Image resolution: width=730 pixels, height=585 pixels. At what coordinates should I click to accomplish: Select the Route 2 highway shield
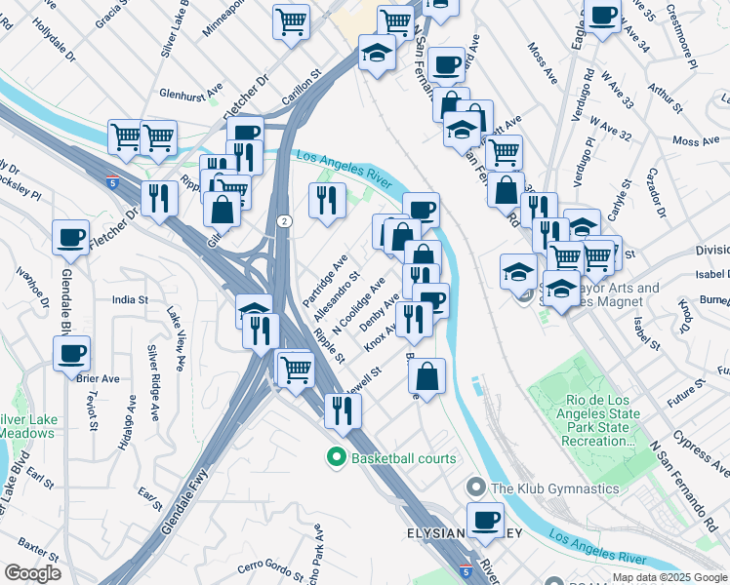pos(281,221)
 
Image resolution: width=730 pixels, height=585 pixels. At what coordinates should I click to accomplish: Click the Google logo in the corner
pos(32,573)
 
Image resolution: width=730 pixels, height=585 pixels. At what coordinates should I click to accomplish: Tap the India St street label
pos(130,300)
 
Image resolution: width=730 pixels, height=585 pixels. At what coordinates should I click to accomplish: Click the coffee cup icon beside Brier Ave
pos(71,354)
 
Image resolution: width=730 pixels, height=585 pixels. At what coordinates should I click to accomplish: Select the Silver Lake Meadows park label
pos(27,425)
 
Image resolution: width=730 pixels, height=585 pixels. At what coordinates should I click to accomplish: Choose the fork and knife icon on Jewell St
pos(342,410)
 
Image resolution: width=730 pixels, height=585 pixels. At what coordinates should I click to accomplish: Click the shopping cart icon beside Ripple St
pos(295,369)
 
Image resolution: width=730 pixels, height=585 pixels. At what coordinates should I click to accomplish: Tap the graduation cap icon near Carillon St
pos(376,53)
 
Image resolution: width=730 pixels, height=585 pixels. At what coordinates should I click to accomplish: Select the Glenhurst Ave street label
pos(194,95)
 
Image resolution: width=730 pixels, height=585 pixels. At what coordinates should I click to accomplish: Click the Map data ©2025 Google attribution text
pos(669,577)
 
